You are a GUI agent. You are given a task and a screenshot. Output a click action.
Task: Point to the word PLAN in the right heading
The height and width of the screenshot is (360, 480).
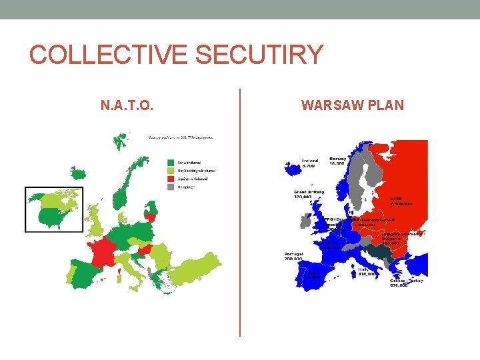tap(387, 105)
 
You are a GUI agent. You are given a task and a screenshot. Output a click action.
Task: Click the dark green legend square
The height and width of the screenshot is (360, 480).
tap(171, 161)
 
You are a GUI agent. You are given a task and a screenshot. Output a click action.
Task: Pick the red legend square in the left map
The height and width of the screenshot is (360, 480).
tap(171, 179)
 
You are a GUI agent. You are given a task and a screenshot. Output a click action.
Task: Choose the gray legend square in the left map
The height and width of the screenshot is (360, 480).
tap(171, 187)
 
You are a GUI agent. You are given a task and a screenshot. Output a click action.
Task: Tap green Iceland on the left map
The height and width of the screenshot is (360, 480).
tap(120, 141)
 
